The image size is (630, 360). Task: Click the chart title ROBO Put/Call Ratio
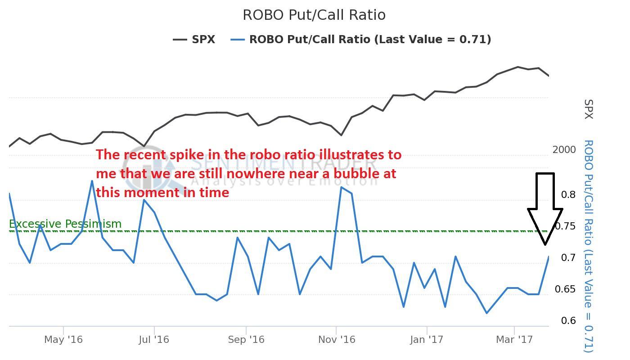pos(314,15)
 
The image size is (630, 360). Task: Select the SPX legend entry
pos(194,40)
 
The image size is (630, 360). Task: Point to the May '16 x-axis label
pos(63,339)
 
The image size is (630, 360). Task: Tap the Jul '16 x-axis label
pos(154,339)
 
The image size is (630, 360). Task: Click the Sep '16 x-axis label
pos(246,339)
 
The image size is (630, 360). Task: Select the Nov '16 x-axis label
pos(337,339)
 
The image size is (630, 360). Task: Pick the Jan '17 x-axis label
pos(427,339)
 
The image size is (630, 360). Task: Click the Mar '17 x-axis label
pos(514,339)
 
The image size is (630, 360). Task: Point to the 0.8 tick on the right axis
pos(568,194)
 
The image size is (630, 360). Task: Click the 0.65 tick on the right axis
pos(565,289)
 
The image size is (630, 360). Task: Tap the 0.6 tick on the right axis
pos(568,320)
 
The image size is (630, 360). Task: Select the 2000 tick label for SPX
pos(564,150)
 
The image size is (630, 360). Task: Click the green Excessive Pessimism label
pos(65,224)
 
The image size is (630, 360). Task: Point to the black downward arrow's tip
pos(545,244)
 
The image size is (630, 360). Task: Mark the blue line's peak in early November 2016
pos(342,187)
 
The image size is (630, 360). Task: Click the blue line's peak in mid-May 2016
pos(92,181)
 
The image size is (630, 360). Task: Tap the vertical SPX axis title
pos(589,109)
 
